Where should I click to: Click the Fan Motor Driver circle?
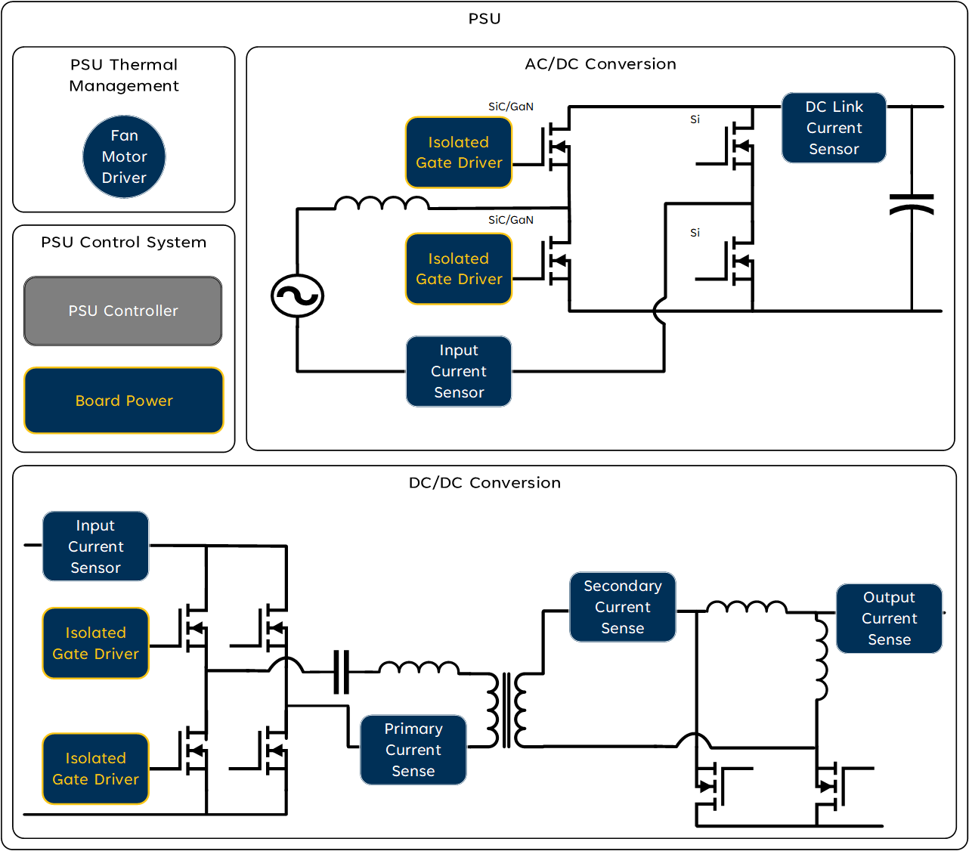point(124,157)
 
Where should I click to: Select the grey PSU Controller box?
point(123,311)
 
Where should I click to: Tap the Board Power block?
point(124,401)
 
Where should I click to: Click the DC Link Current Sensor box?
point(834,128)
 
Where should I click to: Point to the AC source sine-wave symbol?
point(297,296)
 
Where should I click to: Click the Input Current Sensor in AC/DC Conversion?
point(459,371)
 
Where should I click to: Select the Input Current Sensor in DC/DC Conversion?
point(95,546)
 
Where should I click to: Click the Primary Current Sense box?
point(413,750)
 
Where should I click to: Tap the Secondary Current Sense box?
point(622,607)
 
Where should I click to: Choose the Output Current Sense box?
point(889,618)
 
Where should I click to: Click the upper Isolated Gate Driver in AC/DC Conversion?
point(459,153)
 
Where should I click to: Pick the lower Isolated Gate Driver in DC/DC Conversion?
point(95,769)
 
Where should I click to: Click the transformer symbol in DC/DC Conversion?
point(506,710)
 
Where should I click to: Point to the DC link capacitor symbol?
point(912,204)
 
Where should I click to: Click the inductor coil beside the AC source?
point(382,203)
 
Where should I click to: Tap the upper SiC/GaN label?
point(511,107)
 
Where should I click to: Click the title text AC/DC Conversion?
point(600,64)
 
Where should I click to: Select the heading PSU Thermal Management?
point(124,75)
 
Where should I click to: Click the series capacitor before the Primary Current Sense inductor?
point(341,671)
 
